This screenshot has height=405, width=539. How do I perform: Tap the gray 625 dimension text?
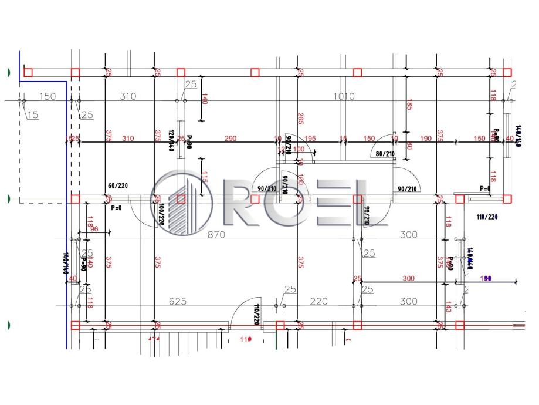point(177,301)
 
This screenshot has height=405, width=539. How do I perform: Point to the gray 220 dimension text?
point(318,301)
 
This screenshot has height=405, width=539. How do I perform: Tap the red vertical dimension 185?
point(409,106)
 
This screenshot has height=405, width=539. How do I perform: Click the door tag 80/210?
point(384,154)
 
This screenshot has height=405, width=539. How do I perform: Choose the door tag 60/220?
point(118,185)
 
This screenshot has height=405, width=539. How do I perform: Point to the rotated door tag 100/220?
point(158,215)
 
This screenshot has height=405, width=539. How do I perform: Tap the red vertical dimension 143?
point(448,307)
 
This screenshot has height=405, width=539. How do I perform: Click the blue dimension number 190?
point(485,278)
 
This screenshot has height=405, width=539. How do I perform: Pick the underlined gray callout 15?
point(32,116)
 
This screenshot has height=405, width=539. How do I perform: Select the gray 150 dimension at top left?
point(47,96)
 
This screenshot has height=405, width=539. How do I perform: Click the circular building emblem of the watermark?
point(181,200)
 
